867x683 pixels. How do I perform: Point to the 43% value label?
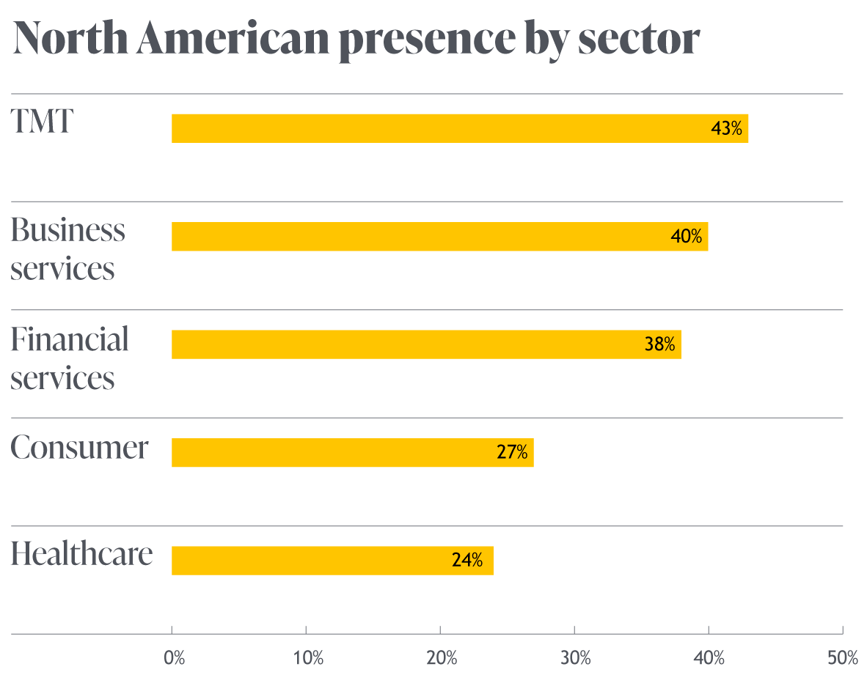click(727, 129)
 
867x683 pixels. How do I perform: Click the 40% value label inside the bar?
click(687, 237)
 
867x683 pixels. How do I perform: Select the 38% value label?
click(659, 345)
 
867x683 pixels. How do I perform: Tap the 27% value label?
click(512, 453)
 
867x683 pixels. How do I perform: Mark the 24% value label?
click(467, 561)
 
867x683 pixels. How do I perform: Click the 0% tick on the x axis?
click(175, 658)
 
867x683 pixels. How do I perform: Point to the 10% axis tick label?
click(308, 658)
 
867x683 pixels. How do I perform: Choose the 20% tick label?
click(442, 658)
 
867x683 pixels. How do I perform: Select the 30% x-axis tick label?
click(577, 658)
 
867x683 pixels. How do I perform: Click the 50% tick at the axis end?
click(843, 658)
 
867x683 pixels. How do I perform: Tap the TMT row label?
click(42, 121)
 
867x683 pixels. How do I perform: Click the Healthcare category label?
click(81, 554)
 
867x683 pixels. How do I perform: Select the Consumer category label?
click(79, 447)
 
